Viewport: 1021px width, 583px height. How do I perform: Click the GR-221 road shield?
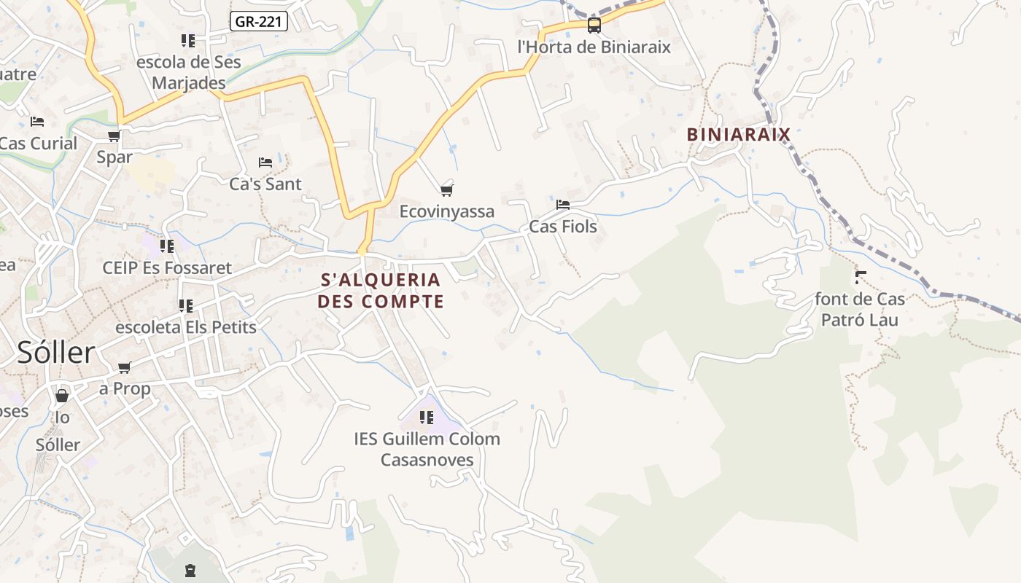[x=259, y=22]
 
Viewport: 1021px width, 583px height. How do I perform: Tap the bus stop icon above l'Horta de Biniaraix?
[x=594, y=26]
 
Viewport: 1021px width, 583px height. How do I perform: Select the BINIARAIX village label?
[x=739, y=134]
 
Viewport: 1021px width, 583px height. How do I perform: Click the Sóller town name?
[x=56, y=353]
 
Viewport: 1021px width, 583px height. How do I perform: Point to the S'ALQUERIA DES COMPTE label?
[x=381, y=290]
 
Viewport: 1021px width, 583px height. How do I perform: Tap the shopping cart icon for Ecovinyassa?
[x=447, y=190]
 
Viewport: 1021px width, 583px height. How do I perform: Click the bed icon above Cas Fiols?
[x=562, y=205]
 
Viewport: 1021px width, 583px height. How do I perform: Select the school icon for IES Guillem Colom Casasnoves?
[x=427, y=418]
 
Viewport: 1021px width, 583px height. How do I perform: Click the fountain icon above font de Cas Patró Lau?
[x=861, y=277]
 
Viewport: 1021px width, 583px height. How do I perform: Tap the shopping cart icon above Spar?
[x=114, y=136]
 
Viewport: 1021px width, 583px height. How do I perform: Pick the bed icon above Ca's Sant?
[x=265, y=163]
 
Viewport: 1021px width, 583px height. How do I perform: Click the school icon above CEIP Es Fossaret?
[x=167, y=246]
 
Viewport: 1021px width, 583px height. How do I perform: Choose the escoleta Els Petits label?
[x=186, y=327]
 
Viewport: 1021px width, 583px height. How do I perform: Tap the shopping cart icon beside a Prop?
[x=124, y=368]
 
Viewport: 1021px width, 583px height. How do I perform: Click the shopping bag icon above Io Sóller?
[x=62, y=396]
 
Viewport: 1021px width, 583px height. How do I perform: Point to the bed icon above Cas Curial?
[x=37, y=122]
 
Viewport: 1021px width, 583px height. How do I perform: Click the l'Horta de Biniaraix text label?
[x=594, y=47]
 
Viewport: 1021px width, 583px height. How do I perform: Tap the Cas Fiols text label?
[x=563, y=227]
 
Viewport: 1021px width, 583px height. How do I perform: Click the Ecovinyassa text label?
[x=447, y=212]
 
